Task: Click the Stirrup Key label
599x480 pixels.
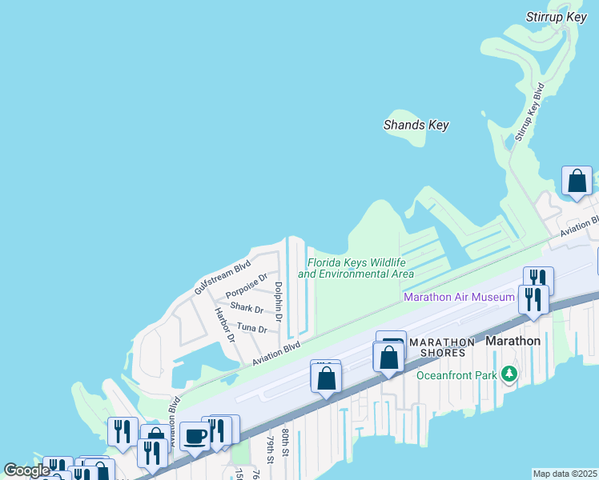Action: [x=557, y=17]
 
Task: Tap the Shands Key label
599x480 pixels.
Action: [x=416, y=125]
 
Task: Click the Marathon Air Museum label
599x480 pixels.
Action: [x=459, y=297]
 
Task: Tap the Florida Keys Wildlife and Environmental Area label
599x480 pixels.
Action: [x=356, y=268]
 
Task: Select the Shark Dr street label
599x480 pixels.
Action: [x=246, y=308]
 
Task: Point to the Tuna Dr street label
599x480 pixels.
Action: [x=251, y=328]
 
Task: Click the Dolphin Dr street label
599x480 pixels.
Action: [x=279, y=302]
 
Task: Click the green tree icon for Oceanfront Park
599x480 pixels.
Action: [x=509, y=374]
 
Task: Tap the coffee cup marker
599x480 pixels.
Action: [x=195, y=436]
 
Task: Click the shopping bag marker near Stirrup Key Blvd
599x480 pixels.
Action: [x=577, y=181]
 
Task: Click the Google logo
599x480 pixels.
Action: [x=26, y=470]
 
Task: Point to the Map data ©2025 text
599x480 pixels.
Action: [x=564, y=474]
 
